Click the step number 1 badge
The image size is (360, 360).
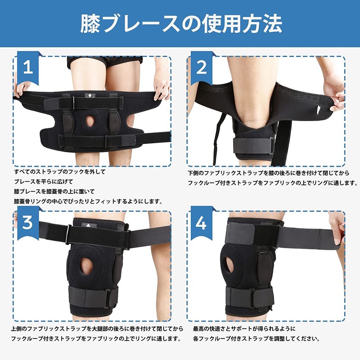(x=28, y=68)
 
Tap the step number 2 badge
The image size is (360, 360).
(x=202, y=68)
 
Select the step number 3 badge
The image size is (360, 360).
(x=28, y=223)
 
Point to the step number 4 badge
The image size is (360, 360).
(x=202, y=223)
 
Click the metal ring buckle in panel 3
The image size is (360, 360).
(x=68, y=234)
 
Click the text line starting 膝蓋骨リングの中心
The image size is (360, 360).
(x=88, y=201)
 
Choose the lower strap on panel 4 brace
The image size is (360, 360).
(x=250, y=297)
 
